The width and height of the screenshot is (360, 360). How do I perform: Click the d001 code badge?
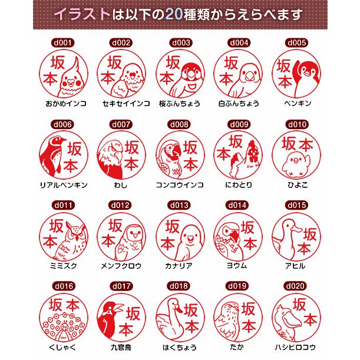click(62, 43)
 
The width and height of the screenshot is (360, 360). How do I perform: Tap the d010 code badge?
click(296, 124)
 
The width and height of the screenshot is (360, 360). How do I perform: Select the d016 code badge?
click(62, 286)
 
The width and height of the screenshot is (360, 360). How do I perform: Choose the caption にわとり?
click(238, 185)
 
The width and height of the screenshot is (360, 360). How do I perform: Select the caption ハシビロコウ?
click(296, 347)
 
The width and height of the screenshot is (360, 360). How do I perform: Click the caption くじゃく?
click(62, 347)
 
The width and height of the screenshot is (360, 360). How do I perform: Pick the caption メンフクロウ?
click(121, 266)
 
